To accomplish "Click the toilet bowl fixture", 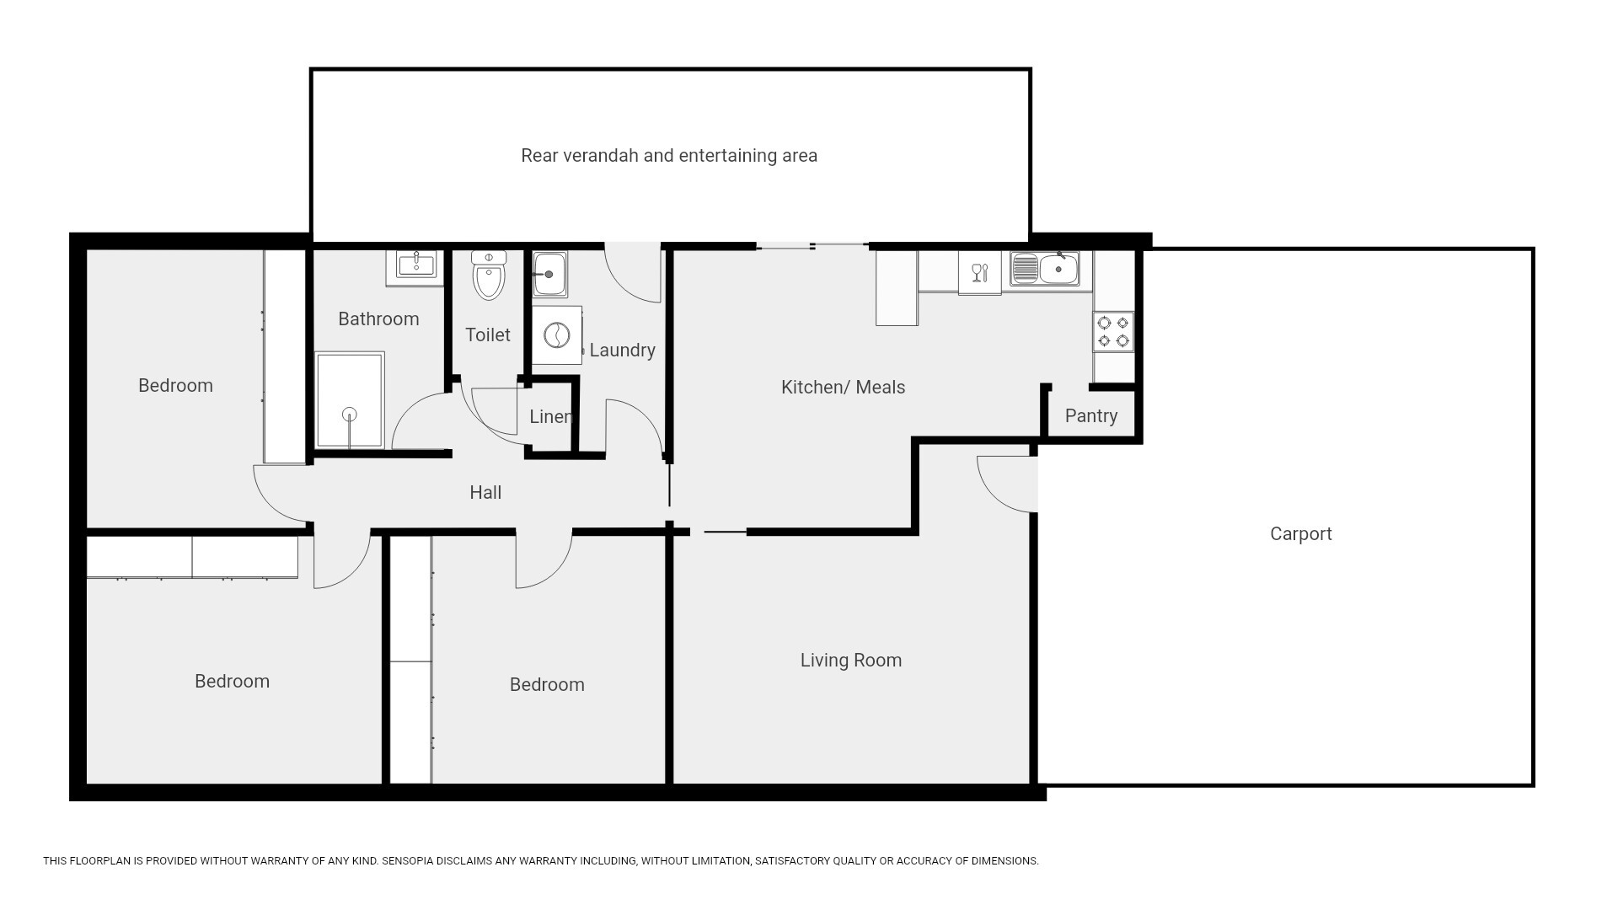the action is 489,275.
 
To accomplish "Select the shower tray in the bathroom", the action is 350,400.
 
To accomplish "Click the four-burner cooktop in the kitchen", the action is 1113,332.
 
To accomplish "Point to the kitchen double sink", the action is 1045,269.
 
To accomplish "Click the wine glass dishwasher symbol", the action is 979,273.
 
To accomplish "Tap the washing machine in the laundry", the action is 557,335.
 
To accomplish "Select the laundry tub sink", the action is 549,274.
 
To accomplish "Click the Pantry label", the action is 1091,415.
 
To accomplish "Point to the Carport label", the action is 1300,533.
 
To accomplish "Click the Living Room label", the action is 851,660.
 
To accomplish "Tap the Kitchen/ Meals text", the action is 843,387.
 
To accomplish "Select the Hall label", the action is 485,492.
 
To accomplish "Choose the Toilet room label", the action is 488,335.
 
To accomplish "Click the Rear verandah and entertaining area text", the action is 669,155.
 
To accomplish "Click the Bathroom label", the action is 378,318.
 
